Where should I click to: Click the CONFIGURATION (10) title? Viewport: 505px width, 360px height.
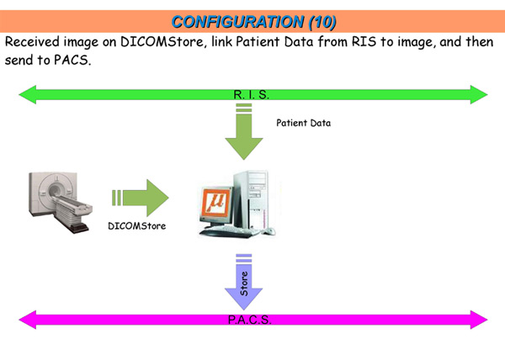coord(254,22)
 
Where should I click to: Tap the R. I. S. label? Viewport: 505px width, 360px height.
coord(251,94)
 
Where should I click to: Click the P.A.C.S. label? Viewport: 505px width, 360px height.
coord(250,320)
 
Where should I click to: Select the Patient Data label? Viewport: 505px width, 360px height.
coord(303,123)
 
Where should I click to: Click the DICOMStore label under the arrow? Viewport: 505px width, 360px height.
coord(137,226)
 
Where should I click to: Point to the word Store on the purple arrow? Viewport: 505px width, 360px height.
coord(244,283)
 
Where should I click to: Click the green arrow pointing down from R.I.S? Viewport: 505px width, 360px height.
coord(244,131)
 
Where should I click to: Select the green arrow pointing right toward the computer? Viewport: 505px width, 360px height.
coord(140,198)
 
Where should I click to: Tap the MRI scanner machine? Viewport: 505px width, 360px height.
coord(61,202)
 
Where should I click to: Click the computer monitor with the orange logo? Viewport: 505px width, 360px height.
coord(216,206)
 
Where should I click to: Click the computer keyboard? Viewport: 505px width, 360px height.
coord(229,231)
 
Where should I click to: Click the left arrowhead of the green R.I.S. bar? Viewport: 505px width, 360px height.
coord(28,94)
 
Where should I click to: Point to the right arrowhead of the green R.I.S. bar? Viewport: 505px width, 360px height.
coord(479,94)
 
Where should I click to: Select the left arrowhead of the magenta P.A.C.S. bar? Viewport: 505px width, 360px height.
coord(28,320)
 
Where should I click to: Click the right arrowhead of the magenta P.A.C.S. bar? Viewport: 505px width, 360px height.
coord(479,320)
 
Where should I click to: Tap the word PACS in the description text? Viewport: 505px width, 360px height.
coord(72,60)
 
